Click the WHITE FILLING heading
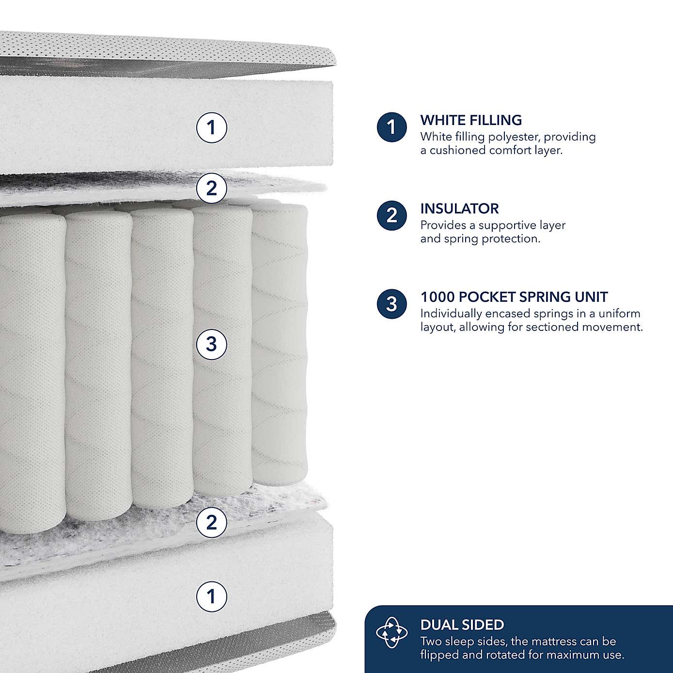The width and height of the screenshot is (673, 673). [x=471, y=120]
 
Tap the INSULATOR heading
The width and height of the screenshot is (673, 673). [x=459, y=209]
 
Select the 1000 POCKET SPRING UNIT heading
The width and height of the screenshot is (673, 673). [x=514, y=297]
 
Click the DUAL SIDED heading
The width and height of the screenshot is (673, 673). [x=462, y=625]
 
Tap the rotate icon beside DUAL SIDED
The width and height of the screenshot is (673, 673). [x=392, y=633]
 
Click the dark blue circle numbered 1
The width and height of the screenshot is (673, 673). [x=391, y=127]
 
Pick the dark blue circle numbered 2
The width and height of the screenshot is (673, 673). [x=391, y=216]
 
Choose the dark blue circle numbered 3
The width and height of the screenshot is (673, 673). [x=391, y=304]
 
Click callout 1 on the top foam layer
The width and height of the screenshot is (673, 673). [x=211, y=127]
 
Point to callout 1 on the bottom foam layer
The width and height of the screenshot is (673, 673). [x=211, y=596]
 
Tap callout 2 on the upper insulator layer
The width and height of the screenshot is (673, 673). [x=211, y=188]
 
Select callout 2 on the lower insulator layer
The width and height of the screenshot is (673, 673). [x=211, y=522]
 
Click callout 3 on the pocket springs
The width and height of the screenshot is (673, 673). [x=211, y=344]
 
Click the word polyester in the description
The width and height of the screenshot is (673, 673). [x=514, y=137]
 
